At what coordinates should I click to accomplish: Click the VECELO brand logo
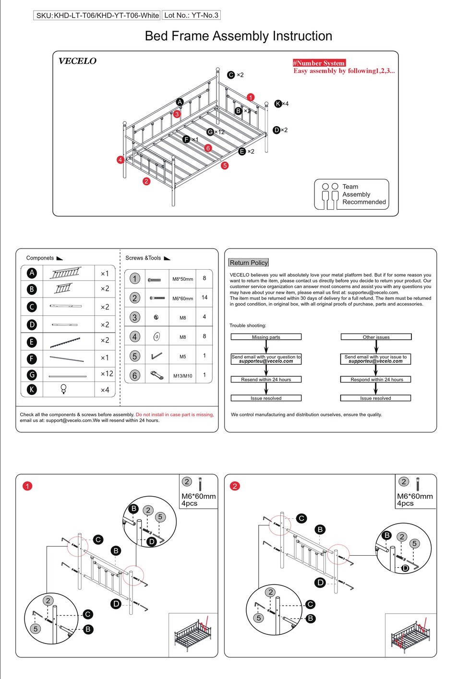point(77,61)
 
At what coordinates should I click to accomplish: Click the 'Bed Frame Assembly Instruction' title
point(238,36)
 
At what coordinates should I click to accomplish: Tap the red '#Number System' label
point(319,63)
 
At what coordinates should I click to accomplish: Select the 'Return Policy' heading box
point(249,262)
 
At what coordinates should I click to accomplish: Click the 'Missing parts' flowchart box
point(266,337)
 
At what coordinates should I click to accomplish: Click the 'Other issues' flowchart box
point(376,337)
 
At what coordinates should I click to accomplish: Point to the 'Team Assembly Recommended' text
point(363,194)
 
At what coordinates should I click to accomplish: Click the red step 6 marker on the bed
point(208,148)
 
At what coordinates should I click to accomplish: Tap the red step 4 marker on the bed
point(120,160)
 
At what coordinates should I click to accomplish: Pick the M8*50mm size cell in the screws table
point(182,279)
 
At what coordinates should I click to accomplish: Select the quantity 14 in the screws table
point(204,298)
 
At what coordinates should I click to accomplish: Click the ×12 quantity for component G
point(107,373)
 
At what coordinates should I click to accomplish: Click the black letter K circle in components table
point(32,389)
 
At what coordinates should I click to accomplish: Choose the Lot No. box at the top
point(191,15)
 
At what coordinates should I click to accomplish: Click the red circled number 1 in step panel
point(27,486)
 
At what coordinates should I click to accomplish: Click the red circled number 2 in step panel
point(235,486)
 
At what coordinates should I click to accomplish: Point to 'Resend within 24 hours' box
point(266,379)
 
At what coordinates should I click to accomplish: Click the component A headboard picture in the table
point(66,273)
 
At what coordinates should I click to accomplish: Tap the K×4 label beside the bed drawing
point(282,104)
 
